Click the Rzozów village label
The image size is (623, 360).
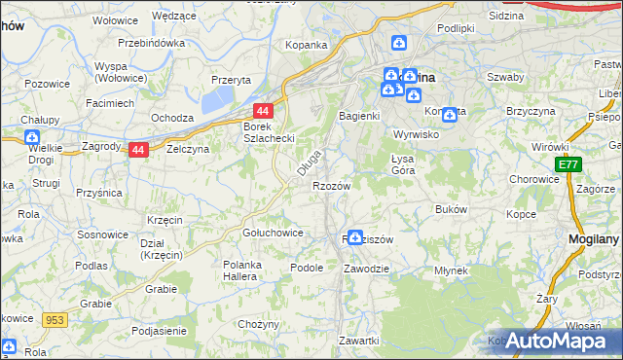pos(330,185)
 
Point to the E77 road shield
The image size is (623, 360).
pos(568,165)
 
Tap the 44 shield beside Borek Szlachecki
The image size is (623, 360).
pos(263,111)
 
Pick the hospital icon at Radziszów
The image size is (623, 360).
pos(356,237)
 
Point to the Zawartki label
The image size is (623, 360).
pos(358,340)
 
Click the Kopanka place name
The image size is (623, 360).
pos(305,45)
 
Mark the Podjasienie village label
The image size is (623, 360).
pos(145,332)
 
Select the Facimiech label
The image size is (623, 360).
pos(109,102)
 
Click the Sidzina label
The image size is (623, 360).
pos(505,17)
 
